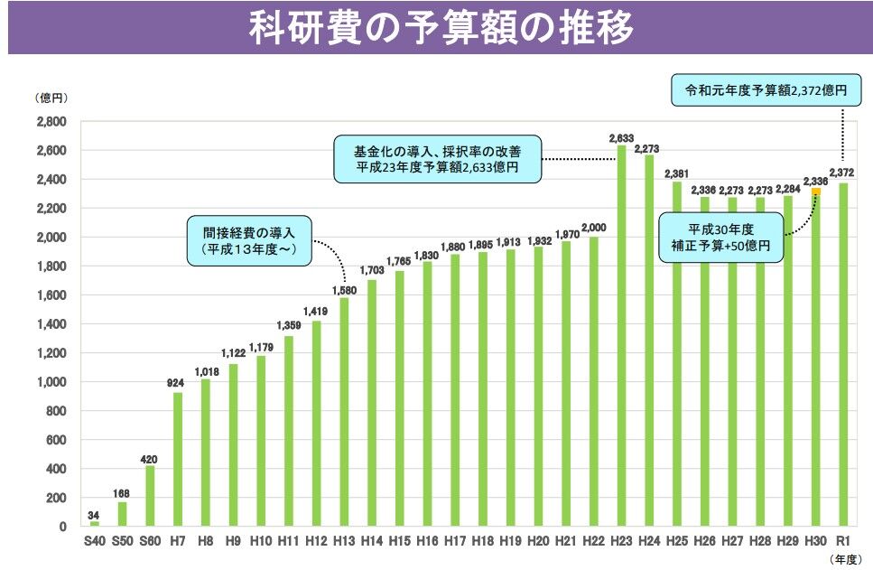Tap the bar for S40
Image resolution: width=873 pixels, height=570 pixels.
pos(95,524)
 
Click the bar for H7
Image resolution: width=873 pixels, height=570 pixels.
pos(178,459)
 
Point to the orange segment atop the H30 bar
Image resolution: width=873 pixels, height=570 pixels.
pos(816,192)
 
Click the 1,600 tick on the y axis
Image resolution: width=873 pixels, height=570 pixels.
pos(51,295)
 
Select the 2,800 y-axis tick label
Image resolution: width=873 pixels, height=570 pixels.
pos(51,122)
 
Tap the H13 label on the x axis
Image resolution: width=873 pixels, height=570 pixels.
pos(344,540)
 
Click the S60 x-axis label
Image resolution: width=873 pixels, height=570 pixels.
pos(150,540)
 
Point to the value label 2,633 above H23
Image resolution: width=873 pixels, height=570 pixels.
pos(621,138)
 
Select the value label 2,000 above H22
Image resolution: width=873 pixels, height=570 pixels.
pos(594,228)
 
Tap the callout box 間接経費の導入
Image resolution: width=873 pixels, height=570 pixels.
pos(248,240)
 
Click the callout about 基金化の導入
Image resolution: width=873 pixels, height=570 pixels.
pos(437,158)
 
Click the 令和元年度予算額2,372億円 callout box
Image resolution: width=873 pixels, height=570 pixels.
pos(766,91)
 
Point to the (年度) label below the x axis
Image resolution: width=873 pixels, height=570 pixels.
pos(847,560)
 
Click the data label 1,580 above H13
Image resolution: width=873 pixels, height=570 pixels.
pos(344,290)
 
